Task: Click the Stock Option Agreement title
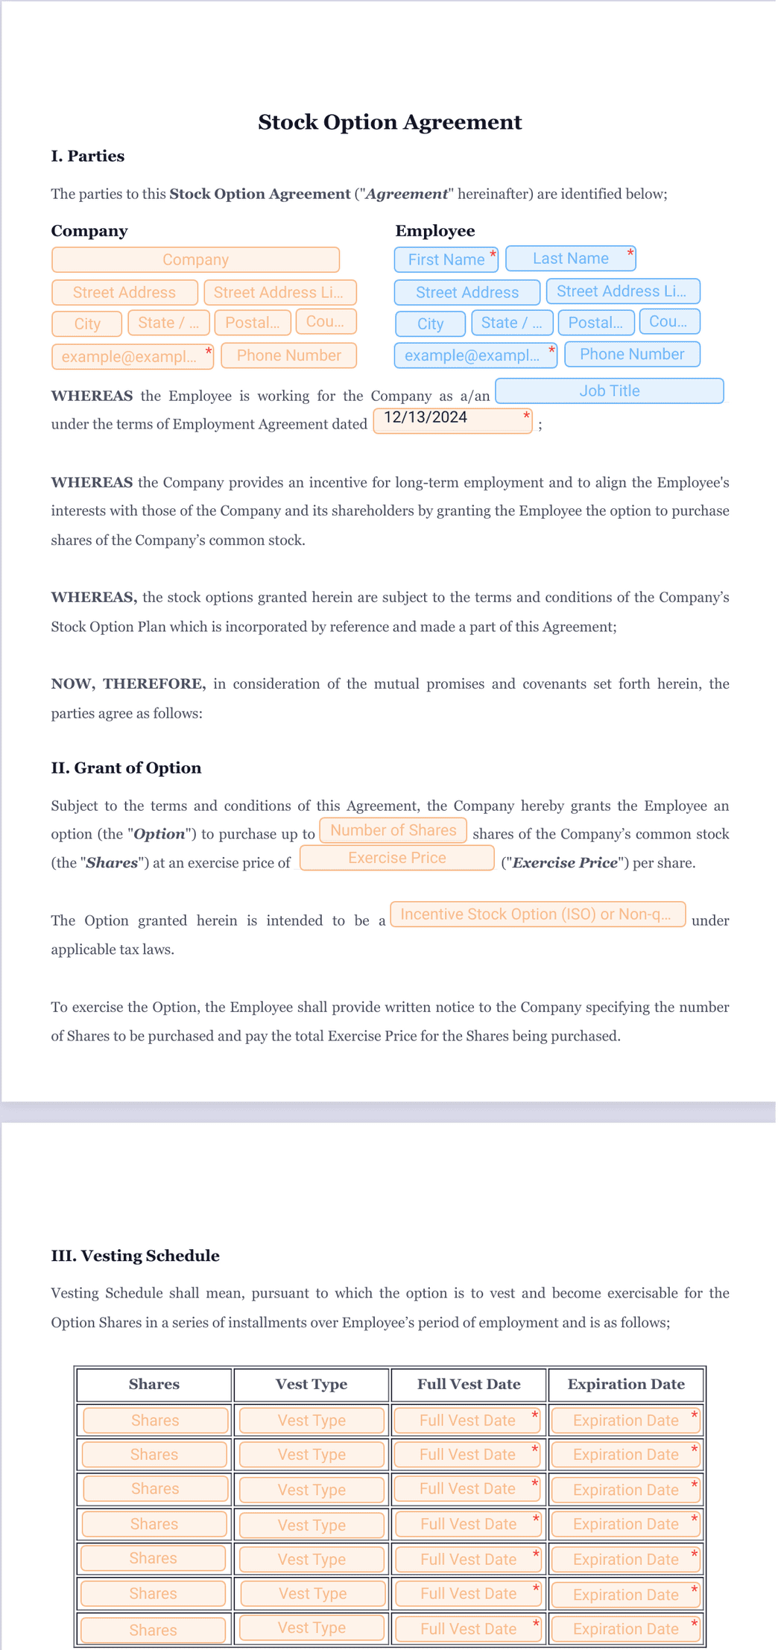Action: click(x=389, y=122)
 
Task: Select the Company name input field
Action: click(x=195, y=260)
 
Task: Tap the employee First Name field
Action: click(x=446, y=260)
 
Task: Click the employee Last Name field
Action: click(x=570, y=259)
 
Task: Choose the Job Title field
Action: click(x=609, y=391)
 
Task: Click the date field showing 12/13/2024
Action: click(x=452, y=420)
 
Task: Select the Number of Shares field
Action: click(x=393, y=830)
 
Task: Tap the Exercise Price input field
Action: click(x=396, y=858)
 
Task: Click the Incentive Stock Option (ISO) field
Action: click(x=537, y=914)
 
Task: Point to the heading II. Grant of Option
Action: click(x=126, y=768)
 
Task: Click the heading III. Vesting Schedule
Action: click(x=135, y=1256)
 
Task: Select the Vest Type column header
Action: click(x=311, y=1384)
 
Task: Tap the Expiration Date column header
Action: click(x=626, y=1384)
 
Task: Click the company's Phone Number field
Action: click(x=288, y=355)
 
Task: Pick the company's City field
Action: click(x=86, y=323)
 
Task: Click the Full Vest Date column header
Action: click(x=469, y=1384)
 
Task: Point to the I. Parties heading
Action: click(x=87, y=157)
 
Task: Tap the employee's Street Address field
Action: click(x=467, y=292)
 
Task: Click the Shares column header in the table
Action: click(x=154, y=1384)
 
